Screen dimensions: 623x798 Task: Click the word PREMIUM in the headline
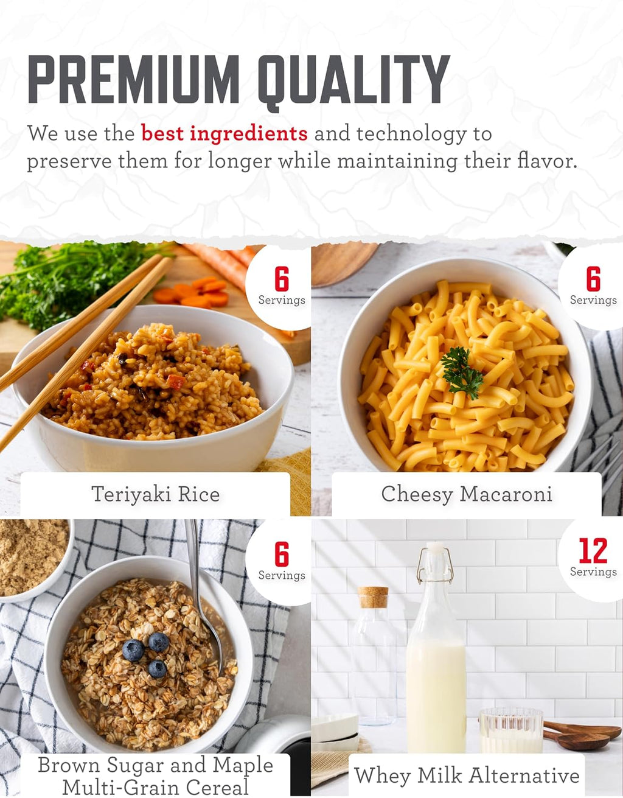click(x=134, y=79)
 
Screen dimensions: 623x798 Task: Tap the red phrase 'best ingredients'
click(x=224, y=133)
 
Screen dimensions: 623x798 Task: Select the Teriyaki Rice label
click(x=156, y=494)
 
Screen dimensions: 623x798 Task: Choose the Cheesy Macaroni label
click(x=467, y=494)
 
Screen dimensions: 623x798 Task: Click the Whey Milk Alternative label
click(x=467, y=775)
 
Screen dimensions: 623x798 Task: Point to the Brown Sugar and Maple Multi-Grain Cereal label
click(x=156, y=775)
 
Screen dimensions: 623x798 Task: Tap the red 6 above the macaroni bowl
click(x=593, y=279)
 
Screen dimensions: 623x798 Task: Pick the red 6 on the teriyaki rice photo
click(x=282, y=279)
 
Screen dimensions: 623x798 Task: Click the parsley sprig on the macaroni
click(x=462, y=373)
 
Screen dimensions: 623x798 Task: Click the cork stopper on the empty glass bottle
click(x=373, y=597)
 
